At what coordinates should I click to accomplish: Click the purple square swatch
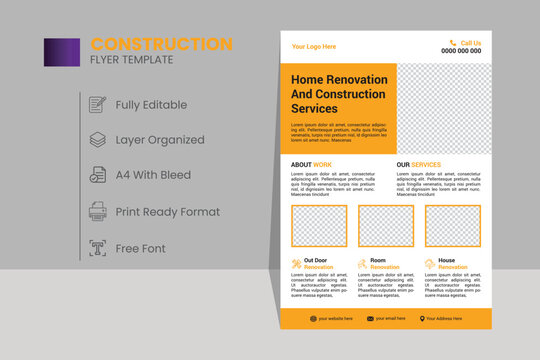(62, 52)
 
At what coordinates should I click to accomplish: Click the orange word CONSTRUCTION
(161, 44)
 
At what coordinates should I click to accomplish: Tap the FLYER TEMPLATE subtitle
(132, 60)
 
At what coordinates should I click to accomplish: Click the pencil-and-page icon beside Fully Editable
(98, 104)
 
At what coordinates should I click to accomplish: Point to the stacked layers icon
(98, 140)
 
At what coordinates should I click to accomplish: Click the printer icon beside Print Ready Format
(98, 211)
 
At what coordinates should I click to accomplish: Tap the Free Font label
(141, 247)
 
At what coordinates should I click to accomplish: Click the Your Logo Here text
(313, 47)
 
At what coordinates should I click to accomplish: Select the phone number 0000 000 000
(461, 51)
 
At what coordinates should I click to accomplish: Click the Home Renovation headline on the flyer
(337, 93)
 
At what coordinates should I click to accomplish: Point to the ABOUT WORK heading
(311, 164)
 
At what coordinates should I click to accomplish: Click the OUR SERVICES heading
(418, 164)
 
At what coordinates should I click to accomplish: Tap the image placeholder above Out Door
(319, 226)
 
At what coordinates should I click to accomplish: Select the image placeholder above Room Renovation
(386, 226)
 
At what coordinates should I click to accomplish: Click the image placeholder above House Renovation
(452, 226)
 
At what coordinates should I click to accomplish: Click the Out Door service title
(316, 261)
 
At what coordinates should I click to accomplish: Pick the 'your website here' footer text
(336, 318)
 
